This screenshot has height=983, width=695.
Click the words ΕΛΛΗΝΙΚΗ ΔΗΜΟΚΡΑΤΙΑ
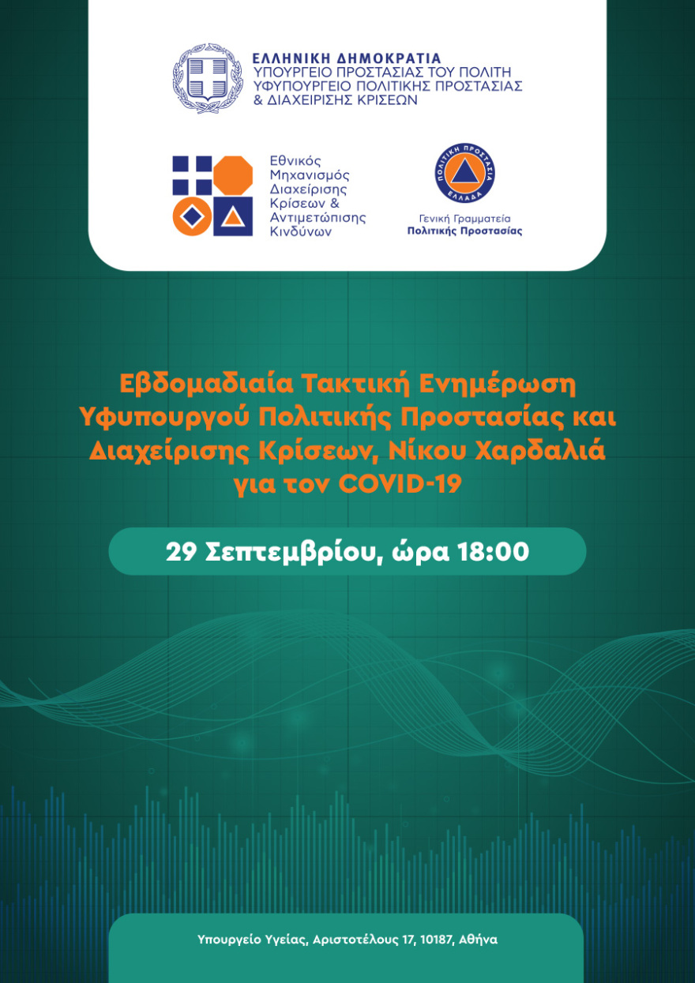346,58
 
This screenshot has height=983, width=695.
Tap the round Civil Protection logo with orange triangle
464,173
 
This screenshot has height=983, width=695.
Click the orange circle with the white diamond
193,216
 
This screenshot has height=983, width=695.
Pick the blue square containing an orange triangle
233,216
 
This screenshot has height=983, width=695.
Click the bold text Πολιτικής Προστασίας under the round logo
464,231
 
